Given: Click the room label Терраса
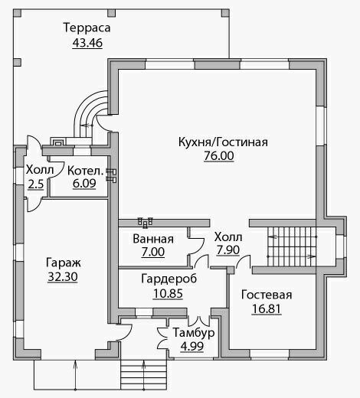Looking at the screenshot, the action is click(87, 28).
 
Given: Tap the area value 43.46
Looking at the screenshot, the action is click(87, 43).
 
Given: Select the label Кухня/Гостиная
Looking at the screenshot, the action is click(223, 142).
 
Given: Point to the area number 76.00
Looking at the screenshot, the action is click(219, 155).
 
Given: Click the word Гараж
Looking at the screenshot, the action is click(64, 263).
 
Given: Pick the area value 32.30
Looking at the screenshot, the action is click(63, 277).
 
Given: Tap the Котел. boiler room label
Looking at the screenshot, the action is click(85, 171).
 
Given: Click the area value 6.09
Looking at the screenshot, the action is click(84, 184).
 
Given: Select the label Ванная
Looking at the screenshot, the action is click(153, 239).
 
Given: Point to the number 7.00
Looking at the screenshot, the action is click(153, 252).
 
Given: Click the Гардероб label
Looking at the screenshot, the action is click(169, 279).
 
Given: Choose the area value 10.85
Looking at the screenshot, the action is click(168, 293).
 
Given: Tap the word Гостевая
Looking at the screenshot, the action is click(267, 295).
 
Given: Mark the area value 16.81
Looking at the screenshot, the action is click(267, 309).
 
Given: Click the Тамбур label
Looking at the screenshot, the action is click(194, 333).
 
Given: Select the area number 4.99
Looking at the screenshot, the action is click(192, 347).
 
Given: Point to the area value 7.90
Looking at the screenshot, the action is click(228, 250).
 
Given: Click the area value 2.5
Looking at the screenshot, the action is click(36, 184).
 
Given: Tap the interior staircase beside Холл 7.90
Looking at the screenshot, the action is click(292, 247).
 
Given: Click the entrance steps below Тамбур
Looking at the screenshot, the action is click(144, 375).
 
